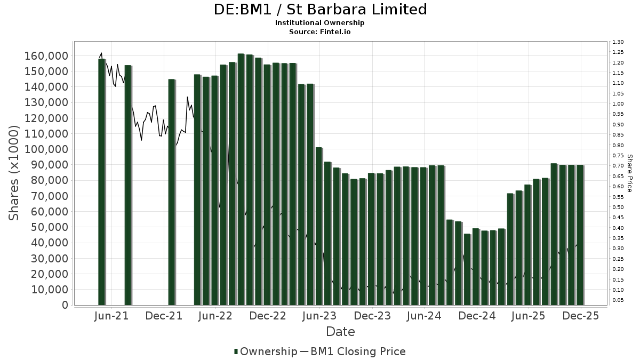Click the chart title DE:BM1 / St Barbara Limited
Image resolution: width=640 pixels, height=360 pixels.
320,10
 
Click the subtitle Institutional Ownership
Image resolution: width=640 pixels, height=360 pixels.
320,23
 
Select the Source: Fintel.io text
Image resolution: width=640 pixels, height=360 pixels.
320,32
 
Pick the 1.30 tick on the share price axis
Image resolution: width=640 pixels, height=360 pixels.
618,42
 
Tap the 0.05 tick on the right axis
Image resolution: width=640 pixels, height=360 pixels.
618,300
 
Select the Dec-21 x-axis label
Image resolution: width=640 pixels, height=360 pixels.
164,316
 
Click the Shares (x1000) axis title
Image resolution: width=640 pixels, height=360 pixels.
14,173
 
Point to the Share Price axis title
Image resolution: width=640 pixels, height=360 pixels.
629,173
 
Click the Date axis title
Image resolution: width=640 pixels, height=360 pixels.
340,332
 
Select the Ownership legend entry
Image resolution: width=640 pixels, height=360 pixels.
266,351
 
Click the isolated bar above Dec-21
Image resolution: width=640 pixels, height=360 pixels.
171,192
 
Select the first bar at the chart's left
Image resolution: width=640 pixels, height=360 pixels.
101,181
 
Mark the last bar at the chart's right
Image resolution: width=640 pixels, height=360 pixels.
580,235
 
